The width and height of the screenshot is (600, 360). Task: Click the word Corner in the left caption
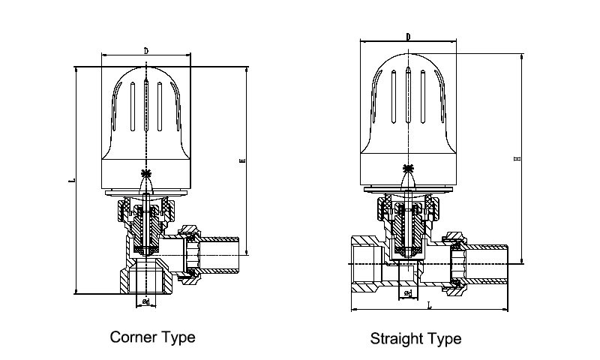pos(132,337)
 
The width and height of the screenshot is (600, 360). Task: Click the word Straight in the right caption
pos(396,338)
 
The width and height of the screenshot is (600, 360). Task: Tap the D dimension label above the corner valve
pos(145,50)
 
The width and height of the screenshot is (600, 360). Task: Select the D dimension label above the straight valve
pos(407,36)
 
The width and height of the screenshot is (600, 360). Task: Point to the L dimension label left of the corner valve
pos(69,181)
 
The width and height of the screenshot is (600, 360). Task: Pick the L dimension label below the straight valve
pos(428,305)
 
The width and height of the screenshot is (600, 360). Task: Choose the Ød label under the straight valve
pos(408,292)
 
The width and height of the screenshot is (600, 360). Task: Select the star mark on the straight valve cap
pos(408,167)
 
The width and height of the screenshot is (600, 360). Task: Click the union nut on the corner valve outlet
pos(190,254)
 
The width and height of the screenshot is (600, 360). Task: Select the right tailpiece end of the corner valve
pos(238,254)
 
